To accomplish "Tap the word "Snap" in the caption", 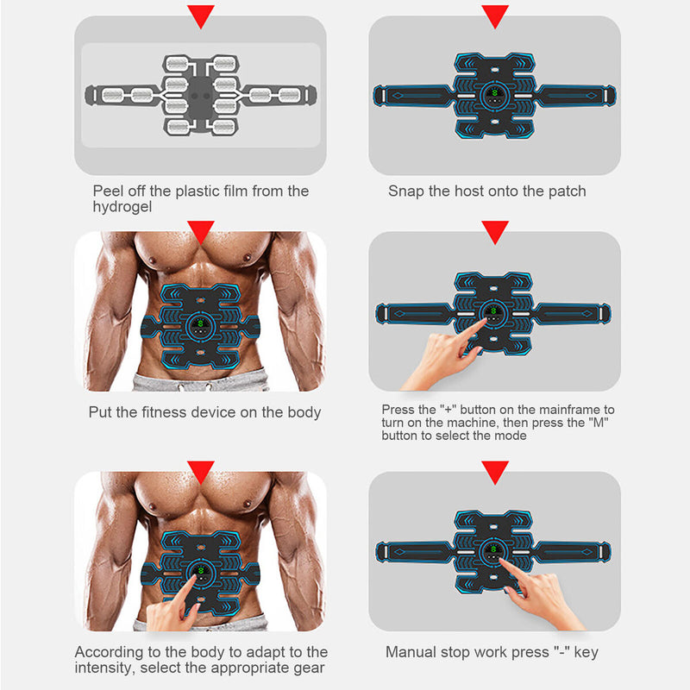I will (405, 191).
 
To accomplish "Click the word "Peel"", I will (109, 191).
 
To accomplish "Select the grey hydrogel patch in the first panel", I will (200, 95).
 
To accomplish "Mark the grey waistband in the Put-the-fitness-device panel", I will (200, 382).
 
